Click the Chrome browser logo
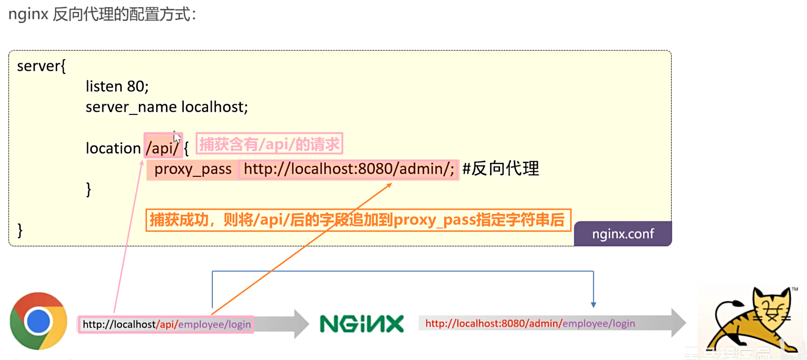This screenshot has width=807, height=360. (x=39, y=321)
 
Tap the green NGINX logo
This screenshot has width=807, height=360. (x=362, y=324)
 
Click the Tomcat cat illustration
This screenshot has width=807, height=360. (x=751, y=321)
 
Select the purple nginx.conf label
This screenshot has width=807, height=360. (x=623, y=234)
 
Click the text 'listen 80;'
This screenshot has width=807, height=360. (x=117, y=87)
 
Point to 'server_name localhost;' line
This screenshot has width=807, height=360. (x=167, y=107)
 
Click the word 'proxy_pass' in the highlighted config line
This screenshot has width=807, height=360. (x=193, y=169)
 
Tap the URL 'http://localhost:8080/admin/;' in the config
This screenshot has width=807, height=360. (x=349, y=169)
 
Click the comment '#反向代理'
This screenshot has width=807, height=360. (x=500, y=169)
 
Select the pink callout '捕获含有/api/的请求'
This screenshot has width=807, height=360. (x=269, y=144)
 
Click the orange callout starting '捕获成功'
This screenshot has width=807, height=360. (x=358, y=220)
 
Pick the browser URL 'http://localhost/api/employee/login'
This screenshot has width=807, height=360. (x=166, y=324)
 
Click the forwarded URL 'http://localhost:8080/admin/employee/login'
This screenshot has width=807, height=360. (x=530, y=324)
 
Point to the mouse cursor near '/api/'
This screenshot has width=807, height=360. (x=177, y=137)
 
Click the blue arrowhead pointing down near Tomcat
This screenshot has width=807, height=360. (x=593, y=305)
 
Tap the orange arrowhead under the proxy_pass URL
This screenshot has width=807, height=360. (x=389, y=186)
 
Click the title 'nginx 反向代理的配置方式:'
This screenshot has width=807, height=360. (x=102, y=15)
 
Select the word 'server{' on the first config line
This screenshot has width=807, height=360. (x=41, y=66)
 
